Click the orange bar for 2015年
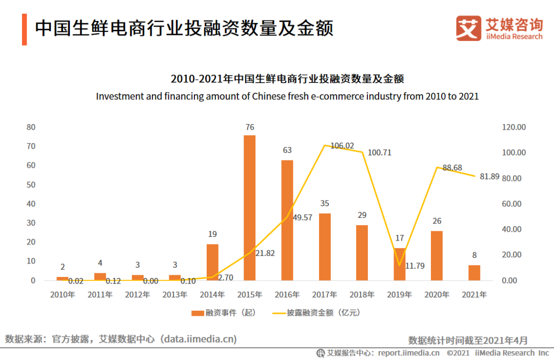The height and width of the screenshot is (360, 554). click(249, 208)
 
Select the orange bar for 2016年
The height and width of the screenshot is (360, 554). click(287, 220)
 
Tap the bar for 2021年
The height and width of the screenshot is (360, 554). click(474, 273)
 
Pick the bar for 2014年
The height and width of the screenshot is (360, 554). click(212, 262)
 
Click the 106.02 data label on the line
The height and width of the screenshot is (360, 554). click(342, 146)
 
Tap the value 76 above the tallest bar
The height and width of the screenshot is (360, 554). click(250, 127)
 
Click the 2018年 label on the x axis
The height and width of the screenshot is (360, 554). click(362, 295)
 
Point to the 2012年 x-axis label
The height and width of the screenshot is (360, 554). click(137, 295)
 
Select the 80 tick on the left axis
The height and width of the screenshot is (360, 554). click(31, 127)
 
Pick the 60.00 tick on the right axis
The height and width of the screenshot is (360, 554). click(511, 204)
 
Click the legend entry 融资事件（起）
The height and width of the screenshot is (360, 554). click(223, 312)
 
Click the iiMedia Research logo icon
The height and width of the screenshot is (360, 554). click(468, 28)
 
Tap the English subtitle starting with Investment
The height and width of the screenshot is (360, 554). click(287, 96)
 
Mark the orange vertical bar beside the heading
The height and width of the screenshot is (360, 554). click(24, 30)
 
